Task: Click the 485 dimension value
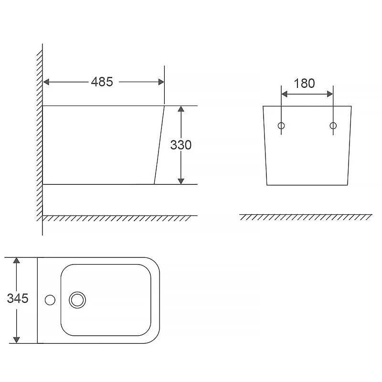102,82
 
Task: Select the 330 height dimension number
181,145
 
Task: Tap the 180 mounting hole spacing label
304,83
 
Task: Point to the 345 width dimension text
18,298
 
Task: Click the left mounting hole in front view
281,126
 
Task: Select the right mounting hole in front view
333,126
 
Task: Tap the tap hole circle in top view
50,300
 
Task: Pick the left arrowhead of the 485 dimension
46,82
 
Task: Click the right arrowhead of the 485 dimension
161,82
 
